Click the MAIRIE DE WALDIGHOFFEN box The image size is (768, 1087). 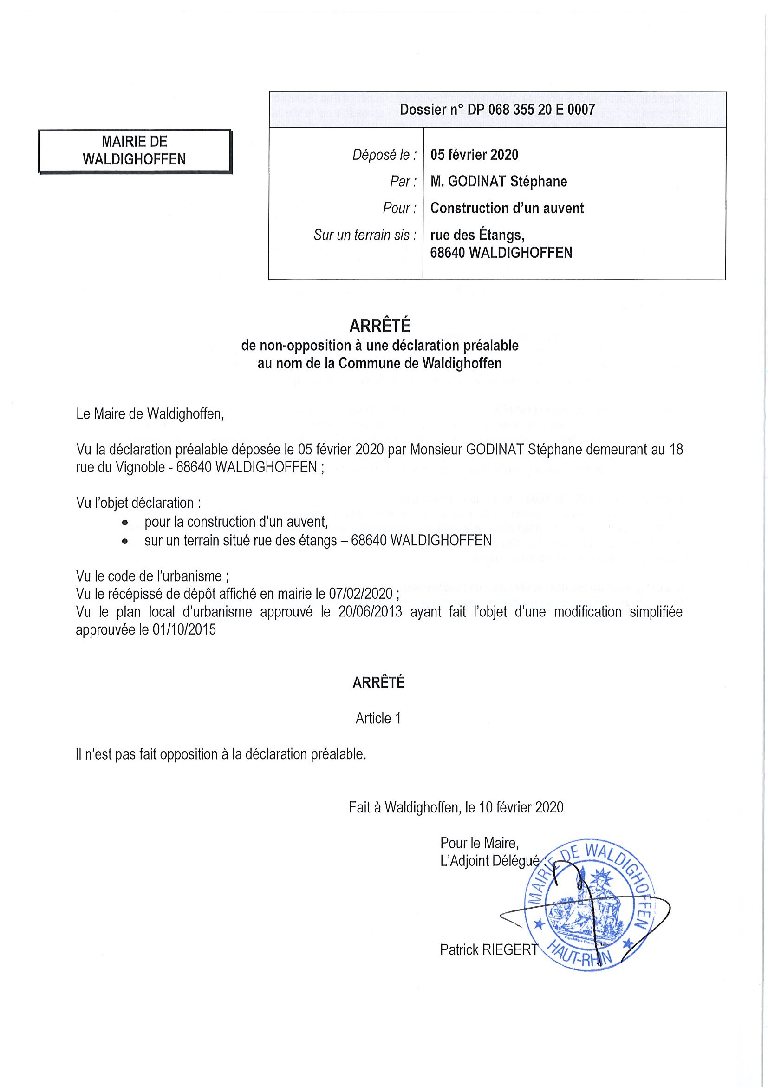coord(135,151)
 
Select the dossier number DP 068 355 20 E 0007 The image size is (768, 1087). coord(497,110)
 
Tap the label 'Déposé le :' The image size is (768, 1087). coord(385,155)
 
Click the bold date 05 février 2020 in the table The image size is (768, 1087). coord(474,155)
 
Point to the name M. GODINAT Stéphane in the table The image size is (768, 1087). coord(499,181)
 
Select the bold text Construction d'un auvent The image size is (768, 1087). coord(507,208)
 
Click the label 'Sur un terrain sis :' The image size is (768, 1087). coord(365,235)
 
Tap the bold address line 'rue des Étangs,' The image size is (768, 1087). coord(477,235)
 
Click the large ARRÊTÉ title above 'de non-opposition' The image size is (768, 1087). coord(379,326)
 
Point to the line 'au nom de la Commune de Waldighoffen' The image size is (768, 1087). coord(379,364)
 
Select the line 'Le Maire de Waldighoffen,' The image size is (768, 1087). coord(150,414)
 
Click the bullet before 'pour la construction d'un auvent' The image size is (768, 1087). coord(124,523)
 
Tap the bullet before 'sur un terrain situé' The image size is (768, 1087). coord(124,542)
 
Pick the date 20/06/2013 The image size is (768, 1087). coord(370,612)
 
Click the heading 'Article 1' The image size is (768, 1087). coord(378,719)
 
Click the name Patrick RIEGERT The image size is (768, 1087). coord(488,949)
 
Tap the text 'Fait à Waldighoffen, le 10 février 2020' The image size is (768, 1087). coord(456,807)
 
